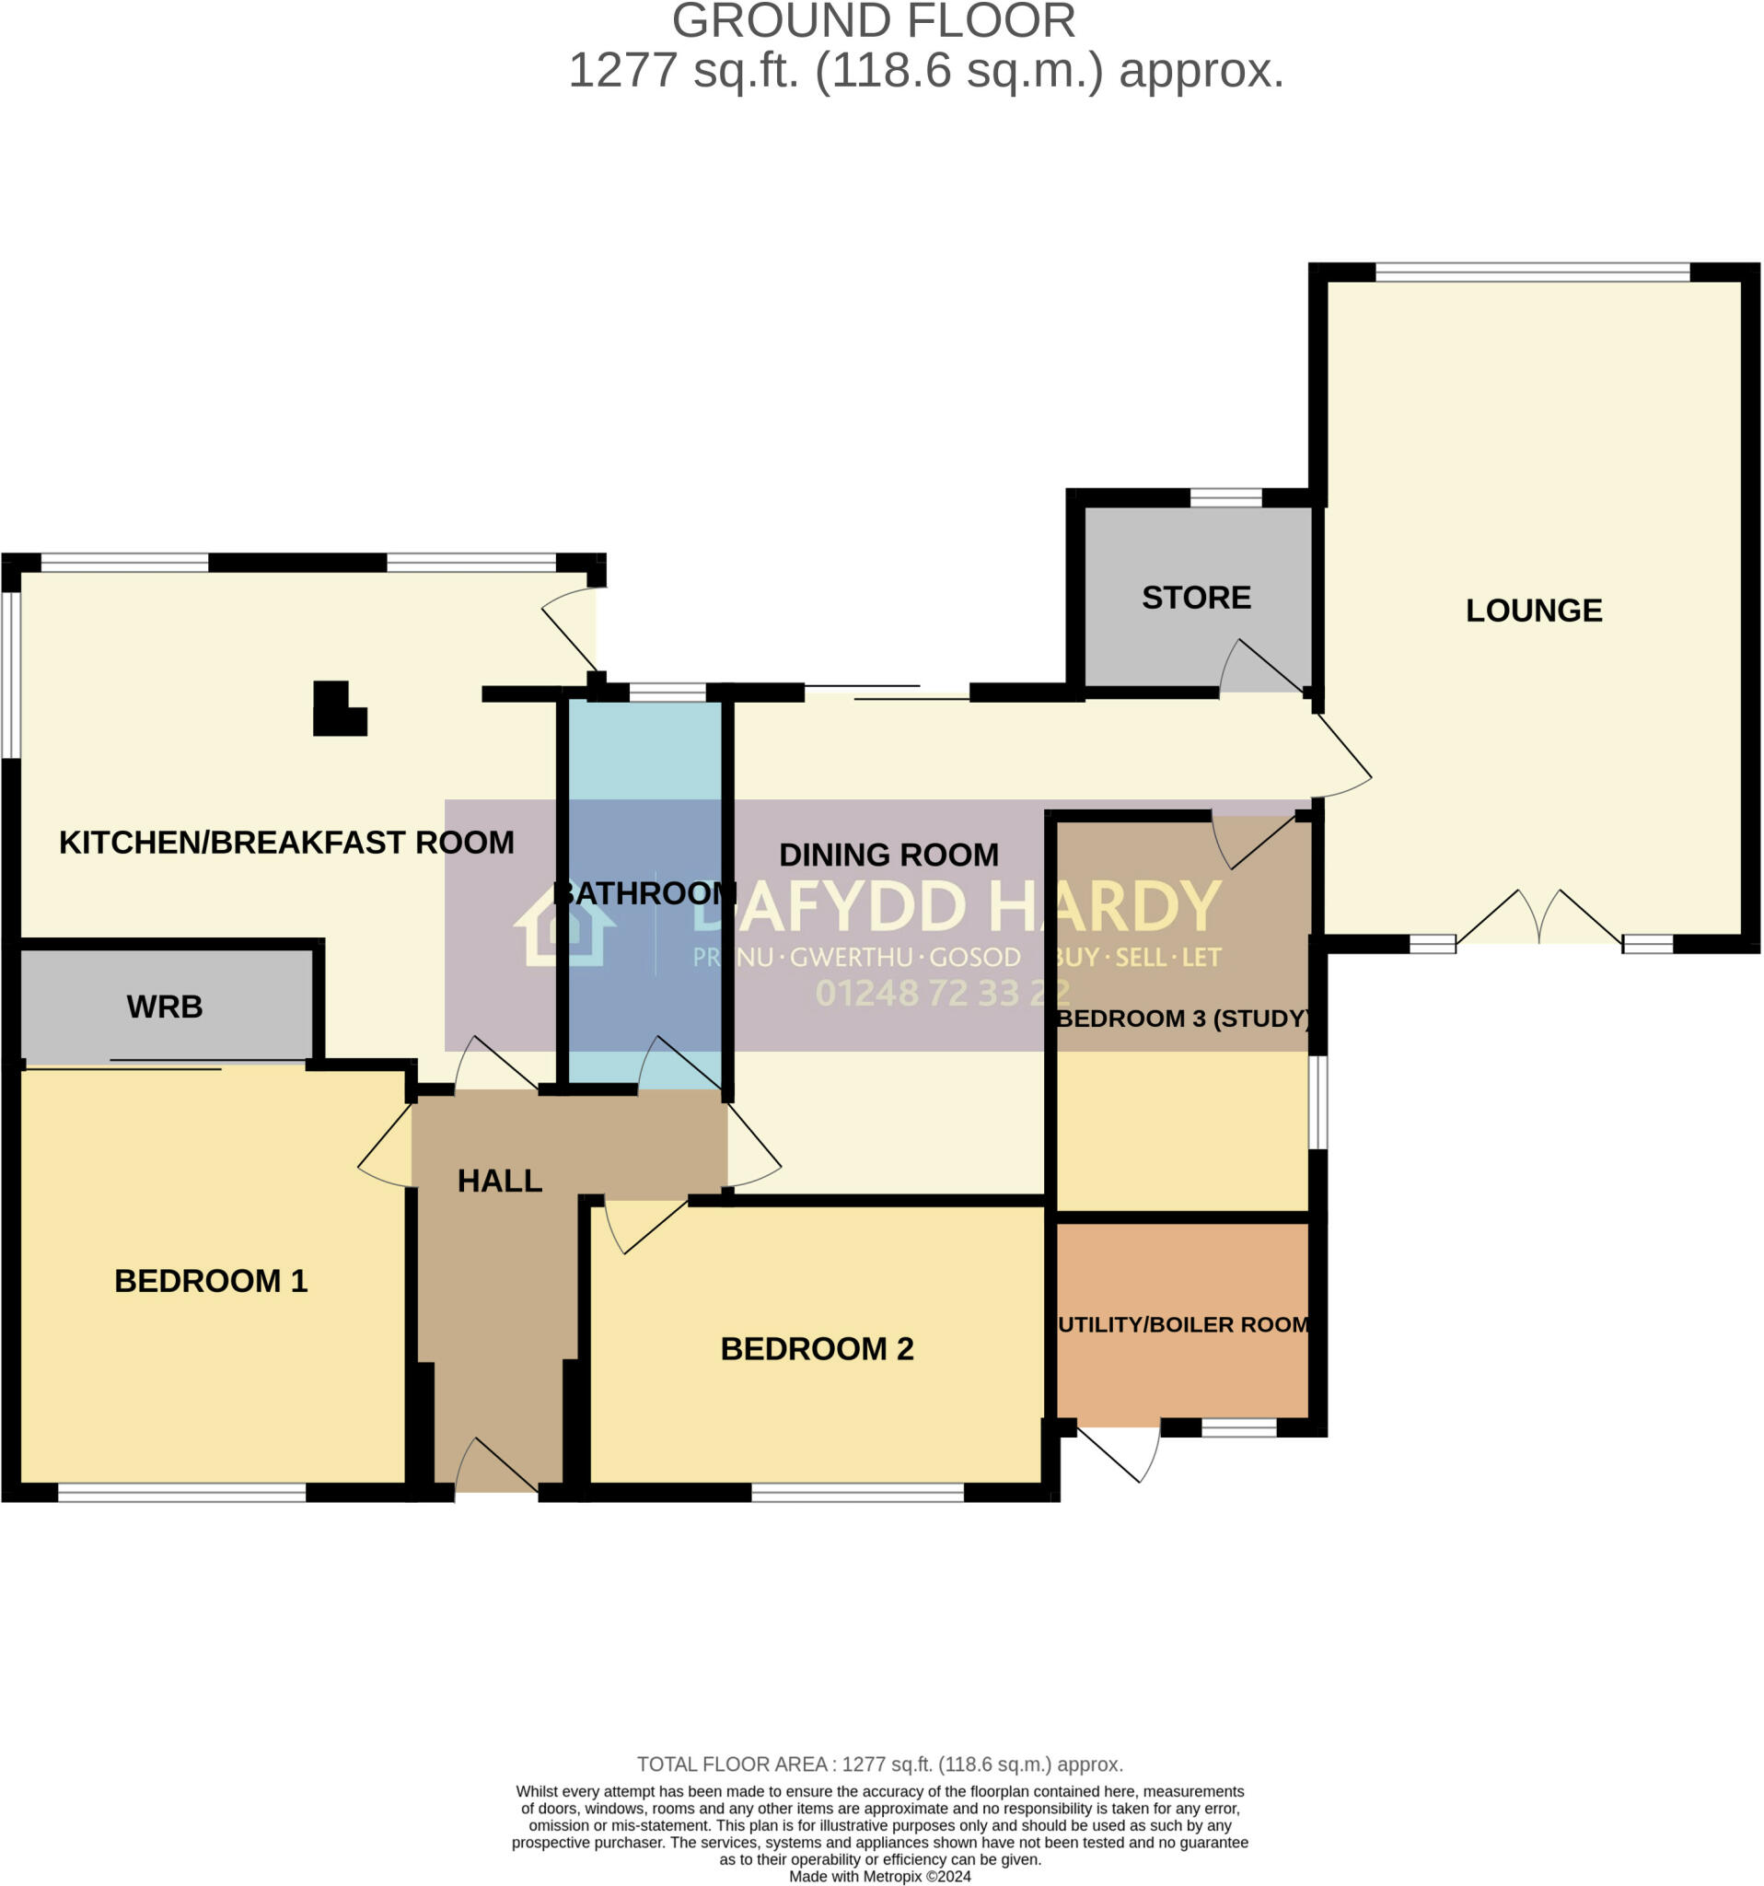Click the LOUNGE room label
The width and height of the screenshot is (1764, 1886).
1534,610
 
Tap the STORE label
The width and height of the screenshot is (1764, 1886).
1196,598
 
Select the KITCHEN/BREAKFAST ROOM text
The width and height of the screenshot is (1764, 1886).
286,843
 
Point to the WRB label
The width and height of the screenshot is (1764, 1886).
165,1007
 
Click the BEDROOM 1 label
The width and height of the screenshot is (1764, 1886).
211,1281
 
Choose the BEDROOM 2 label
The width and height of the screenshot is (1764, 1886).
817,1349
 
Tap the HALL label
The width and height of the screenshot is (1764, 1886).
500,1182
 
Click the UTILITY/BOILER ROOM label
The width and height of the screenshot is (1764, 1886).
1183,1324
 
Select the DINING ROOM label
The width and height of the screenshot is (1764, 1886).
888,855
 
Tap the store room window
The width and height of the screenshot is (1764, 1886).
1225,498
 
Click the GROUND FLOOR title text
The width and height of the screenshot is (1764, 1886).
873,21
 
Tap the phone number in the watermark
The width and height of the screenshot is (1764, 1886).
943,994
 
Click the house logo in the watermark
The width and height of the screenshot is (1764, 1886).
565,931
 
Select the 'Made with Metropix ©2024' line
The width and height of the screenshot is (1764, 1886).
879,1876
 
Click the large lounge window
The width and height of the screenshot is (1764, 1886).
1532,274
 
